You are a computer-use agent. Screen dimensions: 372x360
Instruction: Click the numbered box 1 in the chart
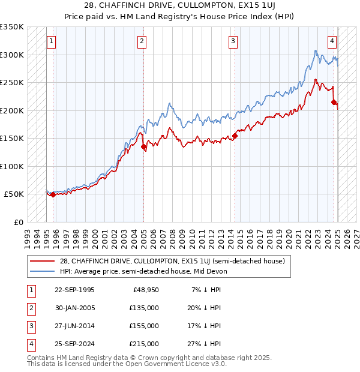[x=51, y=41]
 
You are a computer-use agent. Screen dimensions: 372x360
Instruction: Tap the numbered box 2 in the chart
[x=142, y=41]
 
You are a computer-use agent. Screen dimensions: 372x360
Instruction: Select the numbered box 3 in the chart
[x=233, y=41]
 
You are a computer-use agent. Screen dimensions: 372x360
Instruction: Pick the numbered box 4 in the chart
[x=332, y=41]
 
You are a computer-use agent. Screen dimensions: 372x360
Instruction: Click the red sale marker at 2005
[x=144, y=146]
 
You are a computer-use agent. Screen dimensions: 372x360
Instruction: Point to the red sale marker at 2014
[x=235, y=136]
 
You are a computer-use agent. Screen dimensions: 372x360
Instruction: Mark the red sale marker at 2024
[x=334, y=103]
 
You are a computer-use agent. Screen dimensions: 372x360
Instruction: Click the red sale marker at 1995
[x=53, y=194]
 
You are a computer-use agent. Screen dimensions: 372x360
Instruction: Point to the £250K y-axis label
[x=12, y=82]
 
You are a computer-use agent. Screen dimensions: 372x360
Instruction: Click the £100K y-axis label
[x=12, y=166]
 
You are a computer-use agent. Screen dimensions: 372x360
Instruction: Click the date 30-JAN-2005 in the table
[x=74, y=308]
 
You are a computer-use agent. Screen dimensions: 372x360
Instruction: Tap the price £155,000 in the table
[x=144, y=326]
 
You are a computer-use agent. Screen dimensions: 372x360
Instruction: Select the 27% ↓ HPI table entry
[x=206, y=344]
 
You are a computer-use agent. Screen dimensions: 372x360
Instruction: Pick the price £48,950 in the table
[x=146, y=290]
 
